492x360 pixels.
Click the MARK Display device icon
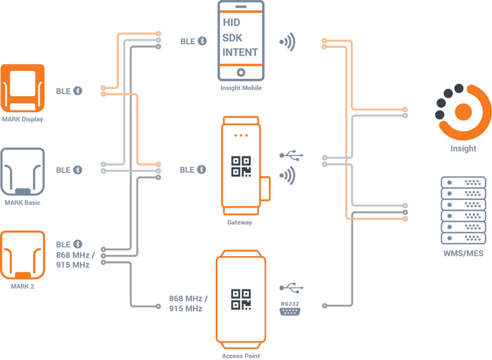click(x=23, y=88)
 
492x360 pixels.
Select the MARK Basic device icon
click(x=23, y=171)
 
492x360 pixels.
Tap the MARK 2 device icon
click(x=23, y=255)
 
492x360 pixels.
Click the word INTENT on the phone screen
click(x=240, y=52)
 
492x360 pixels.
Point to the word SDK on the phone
click(x=233, y=37)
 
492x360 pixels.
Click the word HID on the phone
click(x=232, y=23)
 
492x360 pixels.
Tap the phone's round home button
click(x=241, y=72)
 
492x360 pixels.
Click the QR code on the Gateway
click(x=241, y=167)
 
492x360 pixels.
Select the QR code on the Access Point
click(x=241, y=299)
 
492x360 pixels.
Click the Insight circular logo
click(x=463, y=112)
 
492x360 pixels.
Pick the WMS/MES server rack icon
click(x=463, y=210)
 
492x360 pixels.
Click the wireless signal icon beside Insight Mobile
click(x=288, y=42)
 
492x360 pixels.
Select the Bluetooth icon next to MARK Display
click(x=78, y=91)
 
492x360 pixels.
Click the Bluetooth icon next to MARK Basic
click(x=78, y=170)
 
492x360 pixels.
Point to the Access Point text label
click(x=241, y=356)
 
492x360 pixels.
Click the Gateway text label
click(x=239, y=223)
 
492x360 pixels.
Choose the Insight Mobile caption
click(x=241, y=88)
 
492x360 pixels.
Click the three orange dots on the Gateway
click(x=241, y=136)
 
